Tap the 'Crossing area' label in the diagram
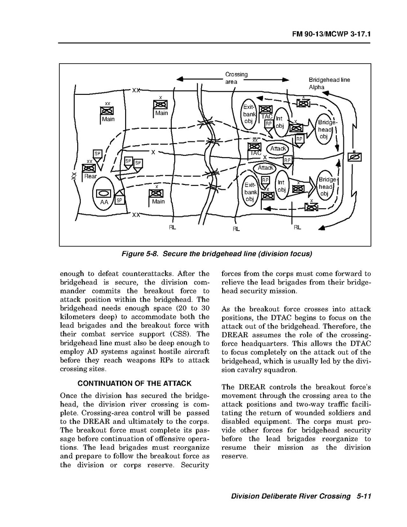tap(236, 78)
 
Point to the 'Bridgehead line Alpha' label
tap(329, 83)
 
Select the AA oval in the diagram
tap(104, 193)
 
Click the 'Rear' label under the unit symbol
tap(90, 176)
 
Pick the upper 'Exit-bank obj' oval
tap(249, 114)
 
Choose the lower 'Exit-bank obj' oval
tap(251, 192)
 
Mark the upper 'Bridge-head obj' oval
tap(325, 129)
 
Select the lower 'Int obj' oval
tap(281, 186)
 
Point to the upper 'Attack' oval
tap(278, 148)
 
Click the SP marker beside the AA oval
tap(119, 200)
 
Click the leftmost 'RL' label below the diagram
tap(173, 227)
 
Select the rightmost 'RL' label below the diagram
tap(297, 227)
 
